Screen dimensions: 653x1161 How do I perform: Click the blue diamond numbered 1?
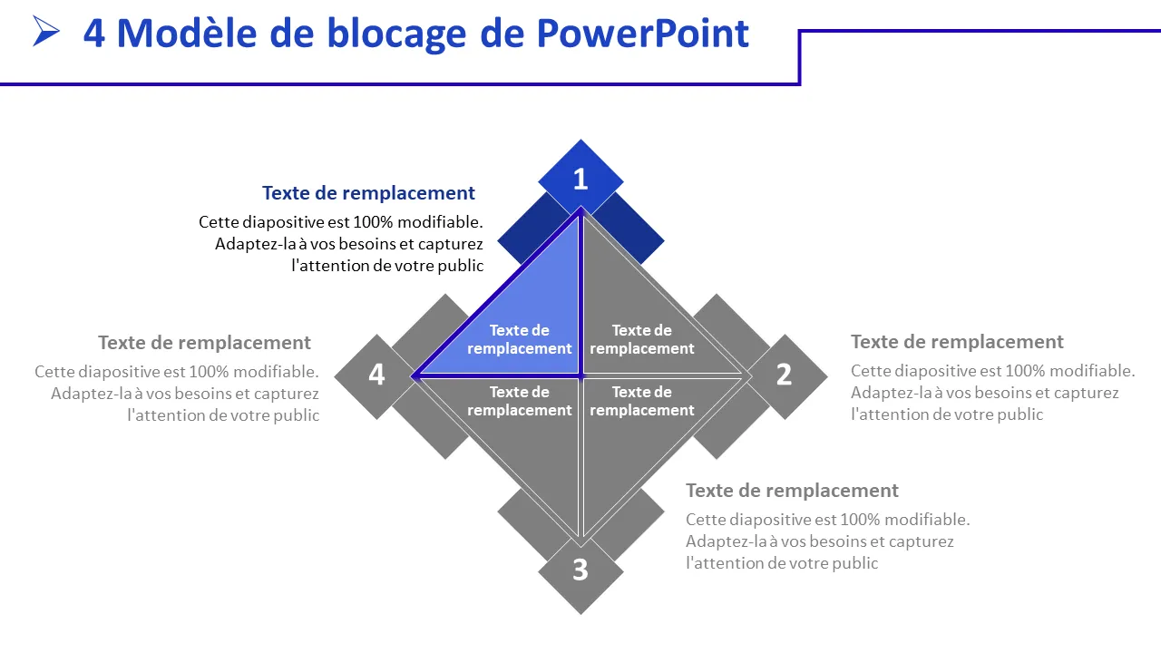coord(580,180)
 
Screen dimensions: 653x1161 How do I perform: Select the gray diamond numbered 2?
coord(784,375)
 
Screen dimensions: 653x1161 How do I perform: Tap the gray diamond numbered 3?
coord(580,570)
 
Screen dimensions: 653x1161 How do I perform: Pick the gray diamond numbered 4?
coord(376,375)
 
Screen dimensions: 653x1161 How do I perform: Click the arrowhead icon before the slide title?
coord(46,32)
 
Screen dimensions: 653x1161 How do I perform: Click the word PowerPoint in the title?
coord(643,34)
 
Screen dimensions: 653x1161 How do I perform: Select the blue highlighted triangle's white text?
coord(520,339)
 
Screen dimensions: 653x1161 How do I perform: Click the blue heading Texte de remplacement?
coord(368,193)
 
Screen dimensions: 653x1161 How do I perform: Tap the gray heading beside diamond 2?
coord(957,342)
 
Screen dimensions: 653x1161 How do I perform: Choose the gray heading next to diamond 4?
coord(204,343)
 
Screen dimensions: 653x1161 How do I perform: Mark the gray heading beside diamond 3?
coord(792,491)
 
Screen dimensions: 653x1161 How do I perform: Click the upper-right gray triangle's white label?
coord(641,339)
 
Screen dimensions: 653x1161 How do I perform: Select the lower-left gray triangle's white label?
coord(520,401)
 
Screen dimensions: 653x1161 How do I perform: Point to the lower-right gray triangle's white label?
coord(641,401)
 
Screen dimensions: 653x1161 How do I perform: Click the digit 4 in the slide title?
coord(93,34)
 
